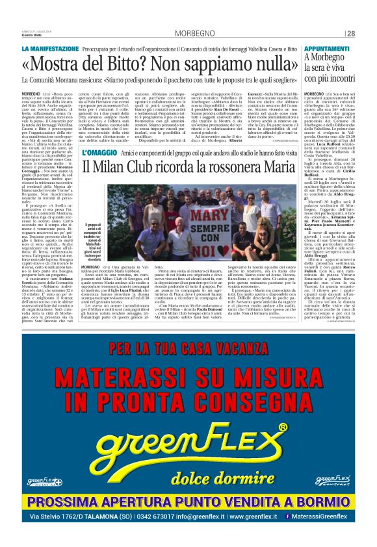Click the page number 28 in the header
coord(350,33)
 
